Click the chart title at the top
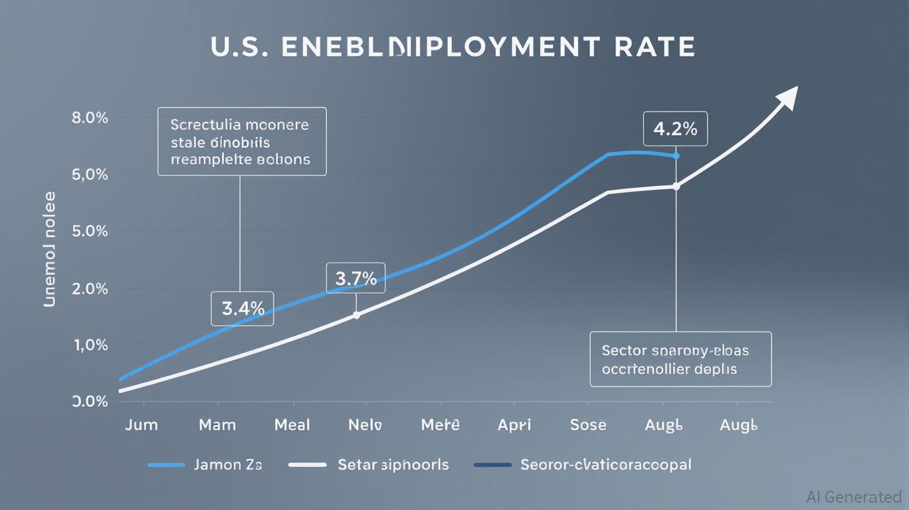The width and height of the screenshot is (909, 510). [x=453, y=48]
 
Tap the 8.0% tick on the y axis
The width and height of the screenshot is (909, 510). [x=89, y=118]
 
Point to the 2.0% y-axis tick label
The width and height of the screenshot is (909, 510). [x=89, y=289]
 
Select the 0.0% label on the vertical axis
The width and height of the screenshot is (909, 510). [x=89, y=401]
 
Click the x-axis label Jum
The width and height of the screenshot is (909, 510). [x=142, y=425]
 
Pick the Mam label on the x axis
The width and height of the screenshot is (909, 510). [x=217, y=425]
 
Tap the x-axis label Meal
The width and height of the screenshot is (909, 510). [x=292, y=425]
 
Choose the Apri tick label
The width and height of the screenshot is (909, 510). [x=514, y=425]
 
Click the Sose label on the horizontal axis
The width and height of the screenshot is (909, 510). [x=588, y=425]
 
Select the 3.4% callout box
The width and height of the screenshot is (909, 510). [x=243, y=309]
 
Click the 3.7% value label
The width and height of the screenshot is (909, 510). [x=356, y=278]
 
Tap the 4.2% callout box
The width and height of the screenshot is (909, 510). [x=675, y=129]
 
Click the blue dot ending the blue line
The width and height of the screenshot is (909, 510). [x=676, y=156]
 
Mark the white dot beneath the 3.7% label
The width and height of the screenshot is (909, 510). [x=356, y=315]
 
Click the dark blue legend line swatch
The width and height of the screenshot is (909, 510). [x=492, y=465]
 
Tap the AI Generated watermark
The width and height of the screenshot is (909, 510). [x=854, y=497]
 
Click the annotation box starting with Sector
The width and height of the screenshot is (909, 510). [x=680, y=359]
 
